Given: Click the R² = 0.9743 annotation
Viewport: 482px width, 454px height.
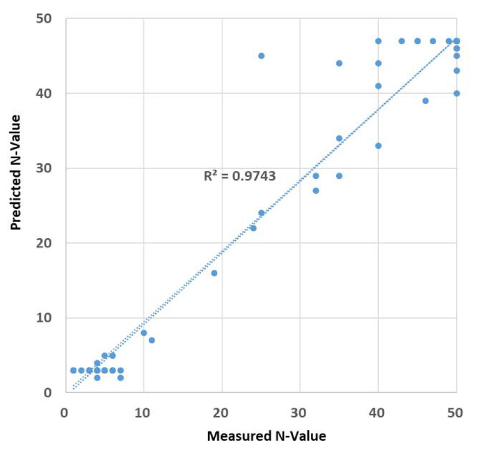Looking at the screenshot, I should (240, 176).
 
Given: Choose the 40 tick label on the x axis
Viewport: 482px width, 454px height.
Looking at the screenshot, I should (378, 413).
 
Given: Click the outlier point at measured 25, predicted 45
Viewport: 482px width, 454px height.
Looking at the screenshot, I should (261, 56).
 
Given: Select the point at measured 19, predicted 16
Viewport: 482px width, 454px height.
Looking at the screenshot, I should (214, 273).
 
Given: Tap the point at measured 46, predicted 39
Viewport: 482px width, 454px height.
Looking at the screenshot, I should (425, 101).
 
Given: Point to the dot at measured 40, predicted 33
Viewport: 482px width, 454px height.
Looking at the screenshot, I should (378, 146).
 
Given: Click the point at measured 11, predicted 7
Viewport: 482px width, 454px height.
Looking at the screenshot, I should (151, 340).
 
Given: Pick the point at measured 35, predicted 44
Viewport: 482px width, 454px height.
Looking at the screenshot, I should (339, 63).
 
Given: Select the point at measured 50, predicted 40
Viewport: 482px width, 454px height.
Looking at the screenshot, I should (456, 93).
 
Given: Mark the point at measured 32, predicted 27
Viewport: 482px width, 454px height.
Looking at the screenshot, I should (315, 190).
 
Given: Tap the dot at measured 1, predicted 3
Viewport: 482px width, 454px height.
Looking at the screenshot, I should (73, 370).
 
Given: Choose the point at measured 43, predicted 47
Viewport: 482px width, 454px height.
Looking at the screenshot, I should (401, 41).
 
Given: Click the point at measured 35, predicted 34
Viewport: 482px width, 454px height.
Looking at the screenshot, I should (339, 138).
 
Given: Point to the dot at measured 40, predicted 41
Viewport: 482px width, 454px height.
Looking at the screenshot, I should (378, 86).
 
